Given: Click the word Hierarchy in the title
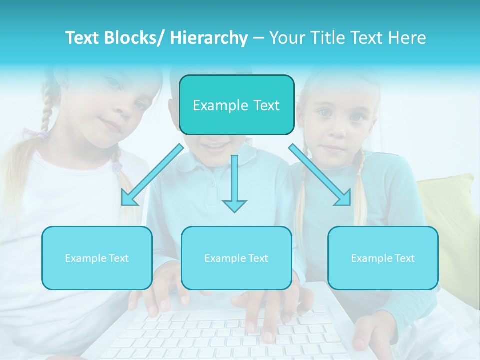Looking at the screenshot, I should tap(209, 38).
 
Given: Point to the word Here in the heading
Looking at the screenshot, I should tap(408, 38).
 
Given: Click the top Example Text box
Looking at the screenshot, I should tap(236, 105).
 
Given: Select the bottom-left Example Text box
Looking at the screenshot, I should tap(97, 258).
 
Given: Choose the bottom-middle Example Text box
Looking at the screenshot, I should tap(236, 258).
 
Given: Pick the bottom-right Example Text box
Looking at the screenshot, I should tap(383, 258).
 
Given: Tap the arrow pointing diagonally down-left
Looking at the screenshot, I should tap(152, 175).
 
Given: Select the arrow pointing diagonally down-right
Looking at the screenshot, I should tap(320, 175).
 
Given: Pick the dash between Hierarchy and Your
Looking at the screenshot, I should tap(258, 38).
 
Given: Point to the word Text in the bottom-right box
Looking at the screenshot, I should tap(404, 258).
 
